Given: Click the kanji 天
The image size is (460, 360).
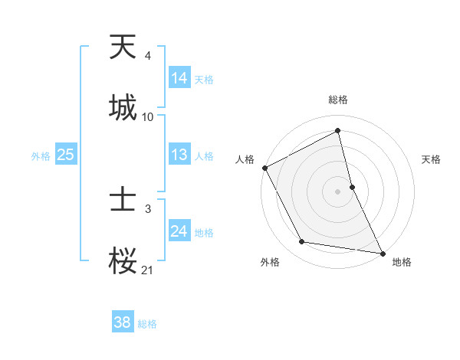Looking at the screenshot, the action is coord(123,48).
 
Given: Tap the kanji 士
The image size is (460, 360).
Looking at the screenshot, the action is coord(123,201).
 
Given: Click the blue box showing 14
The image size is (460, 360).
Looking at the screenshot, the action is coord(179,78).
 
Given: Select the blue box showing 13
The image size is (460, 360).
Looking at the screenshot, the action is coord(179,155).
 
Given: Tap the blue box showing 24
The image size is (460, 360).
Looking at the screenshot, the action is coord(179,231).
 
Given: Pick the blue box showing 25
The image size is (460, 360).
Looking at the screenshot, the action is coord(65,155).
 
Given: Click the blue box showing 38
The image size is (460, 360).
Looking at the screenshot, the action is coord(123,322).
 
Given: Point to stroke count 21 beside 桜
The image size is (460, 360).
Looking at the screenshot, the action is coord(148,270).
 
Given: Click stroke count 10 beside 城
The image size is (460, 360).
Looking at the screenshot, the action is coord(148,117).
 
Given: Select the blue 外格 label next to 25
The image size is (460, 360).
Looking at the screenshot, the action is coord(41,155).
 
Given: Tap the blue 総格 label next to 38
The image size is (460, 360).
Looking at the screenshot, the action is coord(147,323).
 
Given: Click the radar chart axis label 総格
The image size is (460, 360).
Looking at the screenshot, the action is coord(338,100).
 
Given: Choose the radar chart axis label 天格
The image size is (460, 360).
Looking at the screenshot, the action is coord(431,159).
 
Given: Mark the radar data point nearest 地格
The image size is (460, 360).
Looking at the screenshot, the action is coord(383,253).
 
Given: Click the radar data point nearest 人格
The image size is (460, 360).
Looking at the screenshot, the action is coord(264,167).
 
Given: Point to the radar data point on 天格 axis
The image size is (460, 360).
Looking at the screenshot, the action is coord(352,186).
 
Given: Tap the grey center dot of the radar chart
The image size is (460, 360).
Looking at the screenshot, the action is coord(338,191).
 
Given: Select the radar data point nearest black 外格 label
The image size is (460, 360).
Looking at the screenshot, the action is coord(302,242).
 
